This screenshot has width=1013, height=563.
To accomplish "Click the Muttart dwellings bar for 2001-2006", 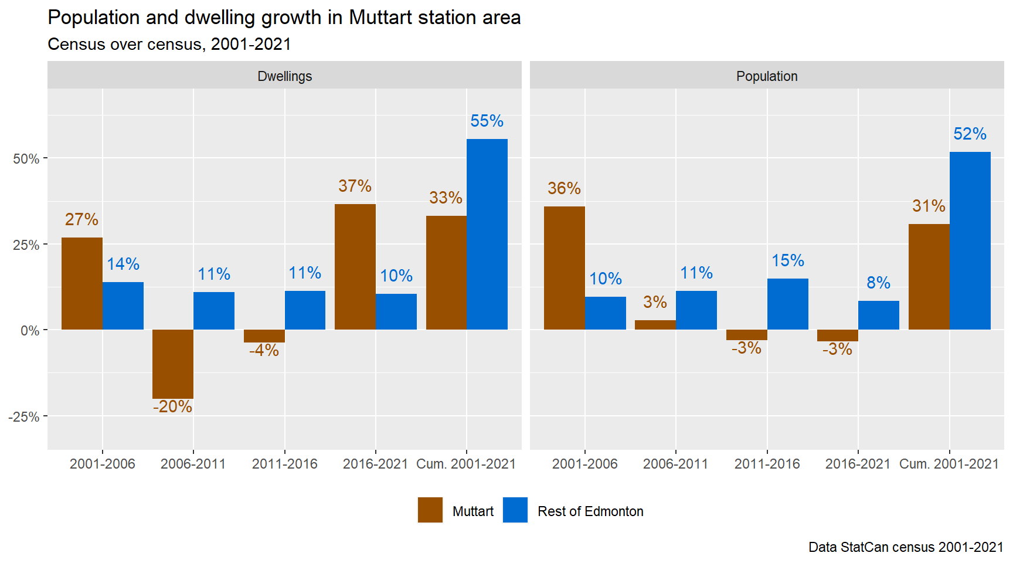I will point(82,283).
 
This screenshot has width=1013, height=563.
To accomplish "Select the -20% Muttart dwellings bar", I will point(173,364).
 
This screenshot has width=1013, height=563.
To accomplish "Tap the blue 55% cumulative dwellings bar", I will point(487,234).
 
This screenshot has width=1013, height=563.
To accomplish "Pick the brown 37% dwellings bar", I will point(355,267).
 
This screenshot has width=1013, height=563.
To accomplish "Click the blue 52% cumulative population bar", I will point(970,240).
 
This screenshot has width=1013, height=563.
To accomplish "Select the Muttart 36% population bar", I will point(565,268).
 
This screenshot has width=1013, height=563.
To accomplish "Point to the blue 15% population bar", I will point(787,304).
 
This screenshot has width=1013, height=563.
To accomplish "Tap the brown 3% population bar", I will point(655,325).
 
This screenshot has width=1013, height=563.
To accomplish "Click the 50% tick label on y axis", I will point(26,159).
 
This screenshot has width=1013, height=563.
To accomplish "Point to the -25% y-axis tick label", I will point(24,417).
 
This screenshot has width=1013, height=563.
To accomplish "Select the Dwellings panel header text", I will point(285,76).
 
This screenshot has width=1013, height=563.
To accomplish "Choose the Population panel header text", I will point(767,76).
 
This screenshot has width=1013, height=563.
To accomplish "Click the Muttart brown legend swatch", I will point(430,510).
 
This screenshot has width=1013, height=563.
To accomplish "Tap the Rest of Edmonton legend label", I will point(590,511).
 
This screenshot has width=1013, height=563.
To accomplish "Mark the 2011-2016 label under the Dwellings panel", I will point(285,464).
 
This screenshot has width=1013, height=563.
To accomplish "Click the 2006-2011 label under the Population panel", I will point(676,464).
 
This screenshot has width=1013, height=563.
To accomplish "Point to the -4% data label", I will point(264,350).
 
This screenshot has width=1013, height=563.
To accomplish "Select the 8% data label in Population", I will point(878,283).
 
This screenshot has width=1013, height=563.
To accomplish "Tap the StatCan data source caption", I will point(906,547).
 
